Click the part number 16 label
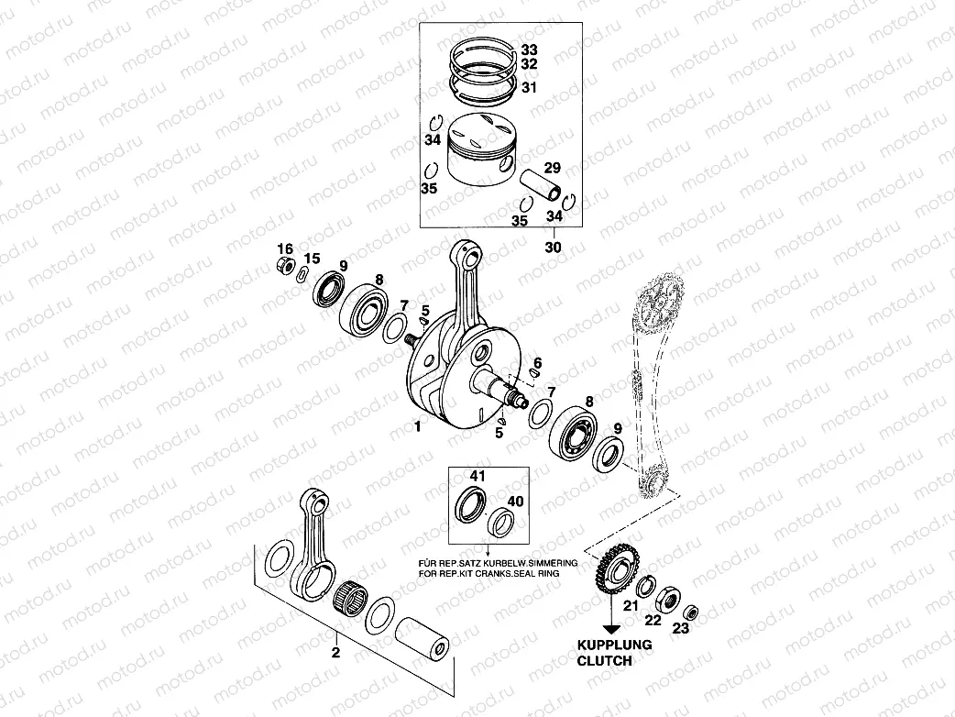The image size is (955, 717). (x=285, y=249)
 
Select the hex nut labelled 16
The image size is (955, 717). (x=284, y=268)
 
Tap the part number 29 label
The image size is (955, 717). (x=552, y=168)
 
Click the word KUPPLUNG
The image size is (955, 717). (x=613, y=645)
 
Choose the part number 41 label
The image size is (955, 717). (x=477, y=477)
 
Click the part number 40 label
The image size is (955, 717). (x=515, y=502)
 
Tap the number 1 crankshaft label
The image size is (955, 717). (x=417, y=426)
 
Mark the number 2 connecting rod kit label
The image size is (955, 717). (x=335, y=653)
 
